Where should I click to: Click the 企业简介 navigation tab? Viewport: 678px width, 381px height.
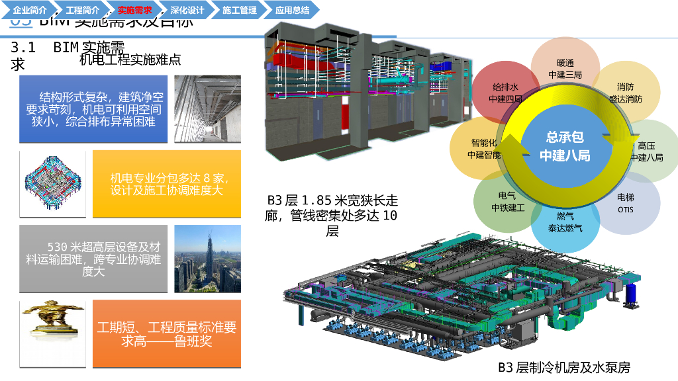(30, 10)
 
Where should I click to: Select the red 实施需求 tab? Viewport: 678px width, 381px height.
(134, 10)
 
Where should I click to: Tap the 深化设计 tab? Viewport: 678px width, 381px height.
(187, 10)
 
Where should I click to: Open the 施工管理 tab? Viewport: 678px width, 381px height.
(239, 10)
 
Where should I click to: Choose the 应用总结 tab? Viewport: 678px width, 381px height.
(292, 10)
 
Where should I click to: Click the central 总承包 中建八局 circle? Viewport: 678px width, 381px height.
(565, 146)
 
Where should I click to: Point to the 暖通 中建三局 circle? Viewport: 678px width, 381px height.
(565, 68)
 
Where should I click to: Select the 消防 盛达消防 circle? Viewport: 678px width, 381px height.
(626, 93)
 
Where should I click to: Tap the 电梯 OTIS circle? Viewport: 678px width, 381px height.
(626, 203)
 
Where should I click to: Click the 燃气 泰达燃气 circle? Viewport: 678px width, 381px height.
(565, 222)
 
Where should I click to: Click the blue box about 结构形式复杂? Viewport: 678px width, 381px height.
(93, 109)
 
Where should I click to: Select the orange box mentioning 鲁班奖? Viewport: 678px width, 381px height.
(167, 334)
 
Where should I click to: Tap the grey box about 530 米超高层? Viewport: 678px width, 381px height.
(93, 259)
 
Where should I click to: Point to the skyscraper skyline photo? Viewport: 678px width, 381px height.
(207, 259)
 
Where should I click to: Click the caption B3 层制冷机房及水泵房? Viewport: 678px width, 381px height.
(564, 367)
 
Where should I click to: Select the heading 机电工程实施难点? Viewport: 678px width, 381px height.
(130, 60)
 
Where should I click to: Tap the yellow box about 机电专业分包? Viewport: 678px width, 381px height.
(167, 184)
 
